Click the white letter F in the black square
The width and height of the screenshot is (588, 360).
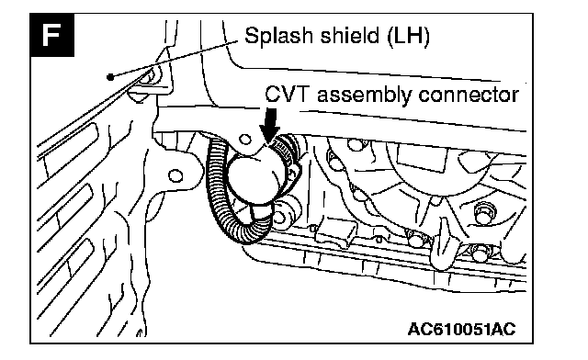[x=51, y=35]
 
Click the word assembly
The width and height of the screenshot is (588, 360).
[x=364, y=95]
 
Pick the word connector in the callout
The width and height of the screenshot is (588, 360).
[x=469, y=95]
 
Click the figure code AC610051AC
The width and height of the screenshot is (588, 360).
[x=461, y=329]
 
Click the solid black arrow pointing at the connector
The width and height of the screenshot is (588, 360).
[x=269, y=126]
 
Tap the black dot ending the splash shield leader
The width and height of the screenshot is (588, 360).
[x=110, y=77]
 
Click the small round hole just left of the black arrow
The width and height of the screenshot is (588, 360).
[x=245, y=140]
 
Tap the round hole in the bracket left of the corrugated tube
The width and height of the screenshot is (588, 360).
[x=175, y=175]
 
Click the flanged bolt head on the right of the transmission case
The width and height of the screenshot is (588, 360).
[x=483, y=213]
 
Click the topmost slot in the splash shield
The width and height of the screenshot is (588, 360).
[x=70, y=147]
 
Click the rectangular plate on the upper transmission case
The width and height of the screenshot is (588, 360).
[x=423, y=159]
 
